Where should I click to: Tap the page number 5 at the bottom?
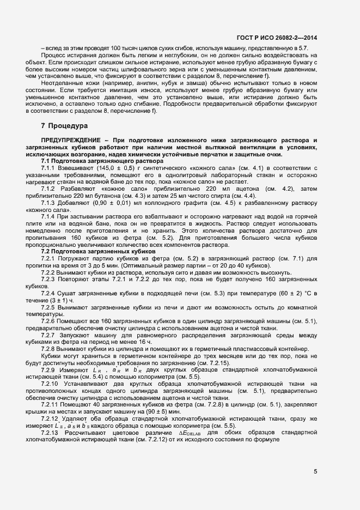tap(315, 472)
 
